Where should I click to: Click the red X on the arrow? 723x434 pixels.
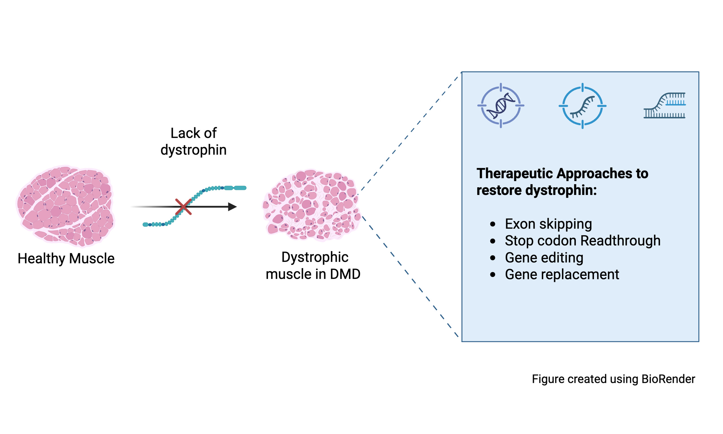click(183, 207)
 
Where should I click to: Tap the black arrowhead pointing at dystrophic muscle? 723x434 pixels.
click(232, 207)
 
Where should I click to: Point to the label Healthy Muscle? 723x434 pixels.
click(66, 259)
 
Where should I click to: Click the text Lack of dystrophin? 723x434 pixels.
click(193, 142)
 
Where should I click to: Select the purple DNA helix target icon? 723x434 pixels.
click(501, 106)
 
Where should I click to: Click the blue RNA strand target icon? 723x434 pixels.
click(582, 106)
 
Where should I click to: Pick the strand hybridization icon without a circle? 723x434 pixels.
click(665, 106)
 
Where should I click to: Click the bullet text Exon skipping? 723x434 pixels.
click(548, 224)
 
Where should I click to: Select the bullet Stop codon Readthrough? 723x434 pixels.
click(582, 241)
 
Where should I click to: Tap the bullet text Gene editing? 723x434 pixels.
click(544, 258)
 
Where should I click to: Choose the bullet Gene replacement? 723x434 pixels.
click(562, 274)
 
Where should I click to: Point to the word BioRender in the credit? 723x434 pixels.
click(668, 379)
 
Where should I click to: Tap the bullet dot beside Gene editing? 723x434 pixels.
click(493, 258)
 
